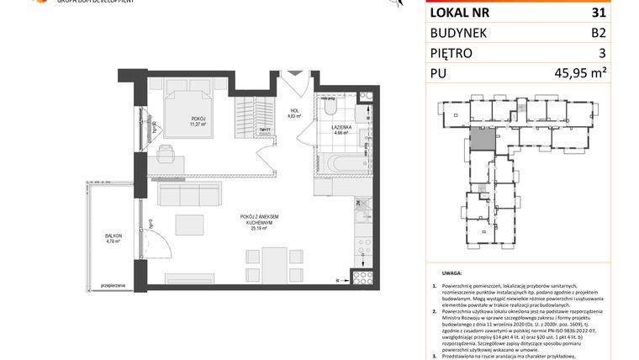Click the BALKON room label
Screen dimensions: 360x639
(113, 236)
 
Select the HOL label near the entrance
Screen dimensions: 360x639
(295, 111)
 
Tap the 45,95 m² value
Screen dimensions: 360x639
(599, 74)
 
